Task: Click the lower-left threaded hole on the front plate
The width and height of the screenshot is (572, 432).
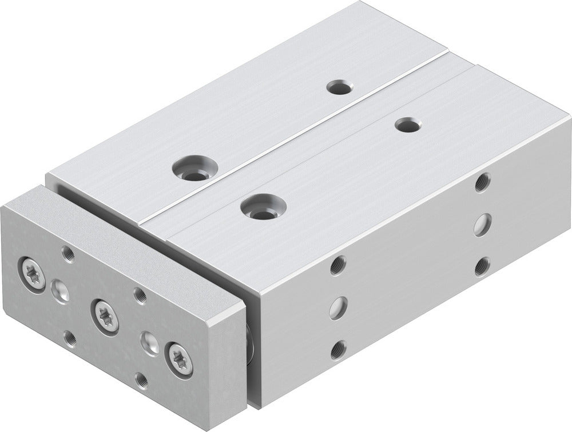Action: [x=70, y=338]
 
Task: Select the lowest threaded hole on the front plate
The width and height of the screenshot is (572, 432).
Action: [x=141, y=380]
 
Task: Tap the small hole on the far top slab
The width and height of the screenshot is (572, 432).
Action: [x=339, y=87]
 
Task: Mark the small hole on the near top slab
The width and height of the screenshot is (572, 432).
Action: [x=408, y=125]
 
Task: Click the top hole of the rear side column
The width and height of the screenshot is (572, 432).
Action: [x=482, y=182]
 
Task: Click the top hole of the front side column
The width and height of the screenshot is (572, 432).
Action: [x=338, y=264]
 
